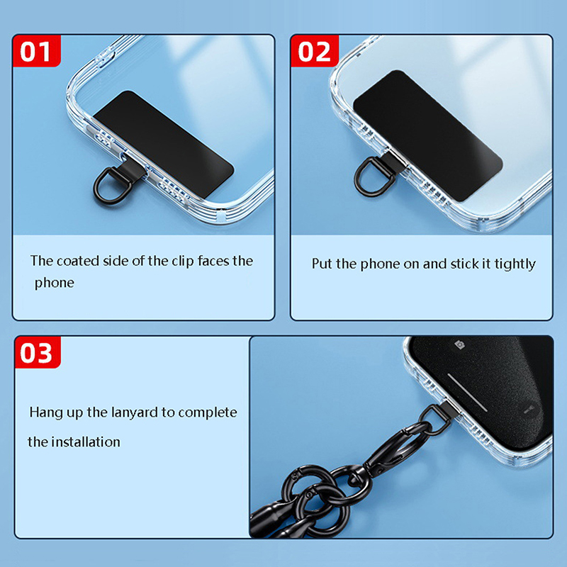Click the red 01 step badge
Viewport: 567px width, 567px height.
click(x=37, y=51)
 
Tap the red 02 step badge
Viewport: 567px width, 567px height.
click(x=315, y=51)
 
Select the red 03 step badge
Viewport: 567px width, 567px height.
click(x=38, y=352)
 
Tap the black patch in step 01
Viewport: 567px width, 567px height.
click(x=164, y=144)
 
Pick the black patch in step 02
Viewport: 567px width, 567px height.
click(x=428, y=135)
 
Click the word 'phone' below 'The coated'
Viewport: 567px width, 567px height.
click(x=55, y=283)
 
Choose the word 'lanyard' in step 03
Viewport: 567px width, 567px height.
click(x=135, y=413)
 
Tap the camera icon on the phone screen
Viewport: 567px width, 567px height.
click(x=459, y=344)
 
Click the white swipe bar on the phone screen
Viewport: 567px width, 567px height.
click(x=468, y=393)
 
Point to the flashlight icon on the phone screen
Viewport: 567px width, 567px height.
click(x=528, y=410)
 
